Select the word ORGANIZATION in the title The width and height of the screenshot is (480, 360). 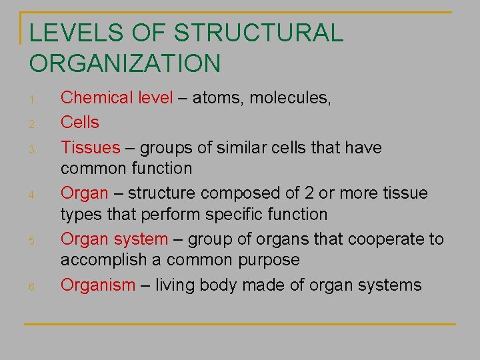(x=125, y=63)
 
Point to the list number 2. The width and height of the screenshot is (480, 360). (x=33, y=125)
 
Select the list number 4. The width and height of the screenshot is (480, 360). (x=33, y=195)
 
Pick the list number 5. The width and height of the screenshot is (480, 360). (x=33, y=241)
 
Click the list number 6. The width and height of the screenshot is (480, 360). (x=33, y=287)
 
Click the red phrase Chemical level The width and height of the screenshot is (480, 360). (x=117, y=98)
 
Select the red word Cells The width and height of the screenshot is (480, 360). (x=79, y=123)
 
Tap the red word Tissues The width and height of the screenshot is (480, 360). (x=90, y=147)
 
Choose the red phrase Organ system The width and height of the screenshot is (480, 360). (x=114, y=239)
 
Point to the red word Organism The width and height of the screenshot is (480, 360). (x=98, y=285)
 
